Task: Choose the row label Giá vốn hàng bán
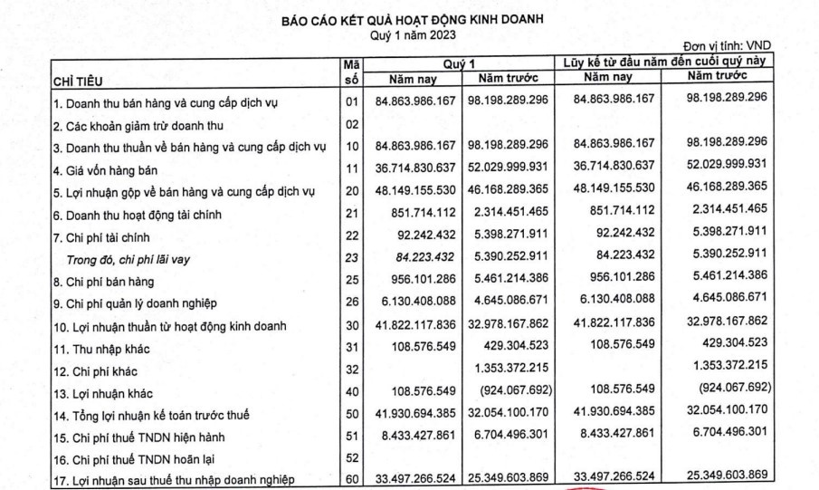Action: (104, 168)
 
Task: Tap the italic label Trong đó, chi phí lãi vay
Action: (132, 257)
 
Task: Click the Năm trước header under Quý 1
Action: (512, 80)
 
